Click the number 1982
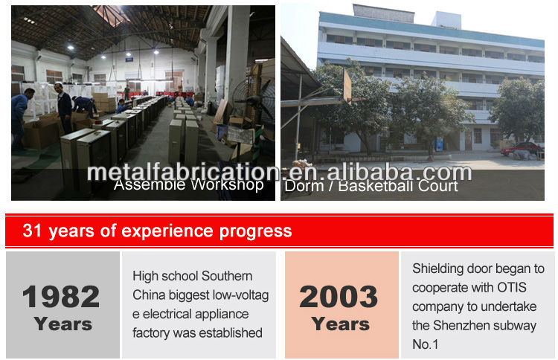61,297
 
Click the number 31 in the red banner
32,231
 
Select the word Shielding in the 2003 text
439,269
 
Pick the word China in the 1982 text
149,295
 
